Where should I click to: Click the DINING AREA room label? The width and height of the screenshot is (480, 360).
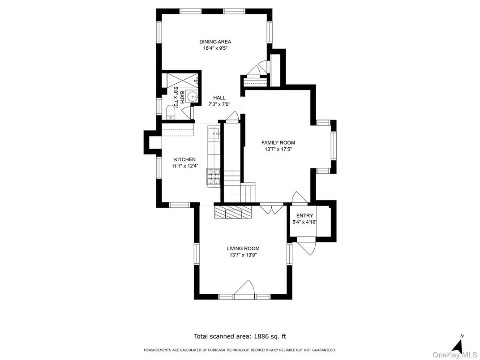tap(215, 42)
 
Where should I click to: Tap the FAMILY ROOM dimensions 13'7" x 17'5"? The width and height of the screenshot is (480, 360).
tap(278, 150)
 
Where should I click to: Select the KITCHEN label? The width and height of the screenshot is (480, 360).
tap(184, 159)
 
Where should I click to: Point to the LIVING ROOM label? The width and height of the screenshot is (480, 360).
tap(243, 249)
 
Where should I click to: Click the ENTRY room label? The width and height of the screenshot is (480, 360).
tap(304, 215)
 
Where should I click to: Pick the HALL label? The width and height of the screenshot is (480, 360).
tap(219, 98)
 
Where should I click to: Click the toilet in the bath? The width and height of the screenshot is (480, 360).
tap(171, 111)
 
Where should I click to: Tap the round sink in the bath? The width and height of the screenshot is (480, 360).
tap(192, 95)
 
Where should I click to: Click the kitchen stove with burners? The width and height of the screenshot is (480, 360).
tap(214, 176)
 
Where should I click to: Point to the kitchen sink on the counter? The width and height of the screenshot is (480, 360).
tap(214, 133)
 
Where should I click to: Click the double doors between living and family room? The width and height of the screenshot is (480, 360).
tap(271, 208)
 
